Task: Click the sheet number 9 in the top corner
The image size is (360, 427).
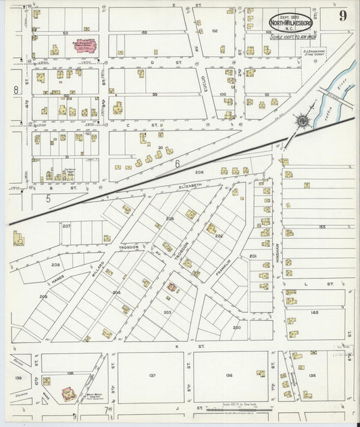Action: pos(343,17)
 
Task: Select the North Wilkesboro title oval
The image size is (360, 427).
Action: pos(291,22)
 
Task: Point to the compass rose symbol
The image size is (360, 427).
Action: pos(303,121)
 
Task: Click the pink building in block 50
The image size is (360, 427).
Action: pos(84,46)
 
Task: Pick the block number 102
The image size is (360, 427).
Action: pos(215,31)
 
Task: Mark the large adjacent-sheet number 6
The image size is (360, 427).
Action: pos(177,163)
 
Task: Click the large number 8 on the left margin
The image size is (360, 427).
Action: pos(16,90)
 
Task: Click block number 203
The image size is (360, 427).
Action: pos(167,312)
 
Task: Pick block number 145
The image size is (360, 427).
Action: pos(314,312)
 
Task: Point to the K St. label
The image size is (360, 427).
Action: pos(200,346)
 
